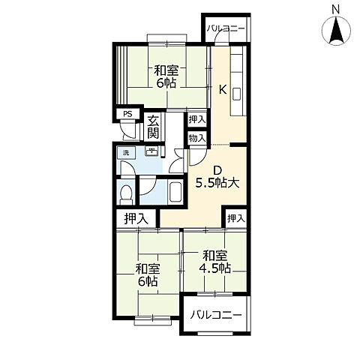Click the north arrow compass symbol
coord(336,31)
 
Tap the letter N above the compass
coord(336,10)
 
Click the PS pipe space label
coord(127,114)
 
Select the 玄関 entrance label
coord(153,127)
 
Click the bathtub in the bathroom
coord(175,192)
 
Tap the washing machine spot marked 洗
coord(126,153)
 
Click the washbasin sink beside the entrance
coord(151,151)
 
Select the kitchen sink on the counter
coord(236,94)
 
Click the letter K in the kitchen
coord(223,89)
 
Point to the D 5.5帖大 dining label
coord(217,177)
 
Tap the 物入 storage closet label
coord(197,138)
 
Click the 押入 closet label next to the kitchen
coord(197,120)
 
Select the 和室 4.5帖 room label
coord(214,262)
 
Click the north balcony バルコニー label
coord(226,29)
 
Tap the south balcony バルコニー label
coord(216,315)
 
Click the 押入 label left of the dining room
coord(136,219)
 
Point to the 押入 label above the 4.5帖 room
coord(235,218)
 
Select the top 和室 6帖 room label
coord(166,76)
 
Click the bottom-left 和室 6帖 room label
coord(148,275)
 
